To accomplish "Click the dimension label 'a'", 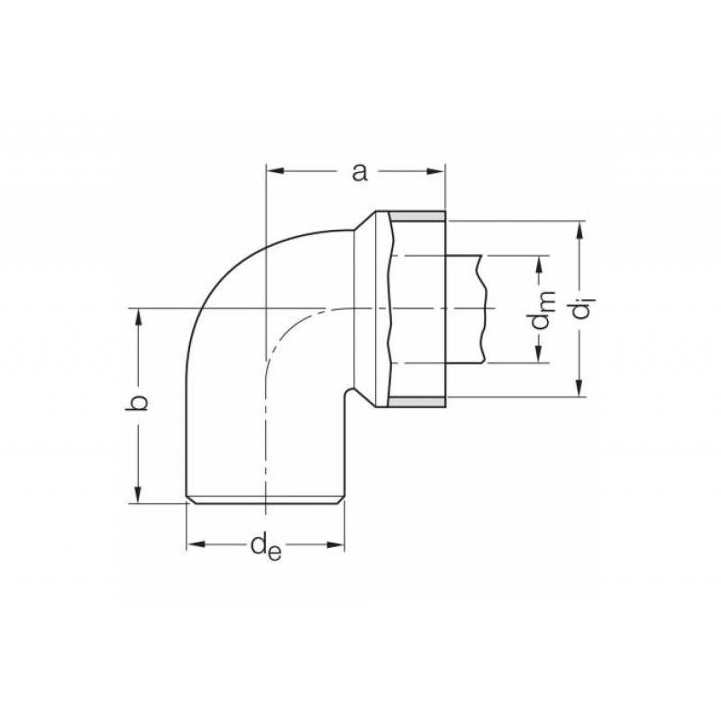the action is point(360,173).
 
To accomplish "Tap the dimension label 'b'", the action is point(137,402).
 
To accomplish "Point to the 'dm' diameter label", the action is point(543,310).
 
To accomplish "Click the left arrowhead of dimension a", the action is point(275,171).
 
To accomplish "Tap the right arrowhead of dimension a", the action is point(437,171).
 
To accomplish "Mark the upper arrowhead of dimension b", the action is point(138,317).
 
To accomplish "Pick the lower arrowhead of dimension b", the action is point(138,495).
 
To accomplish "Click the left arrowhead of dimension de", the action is point(195,544).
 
